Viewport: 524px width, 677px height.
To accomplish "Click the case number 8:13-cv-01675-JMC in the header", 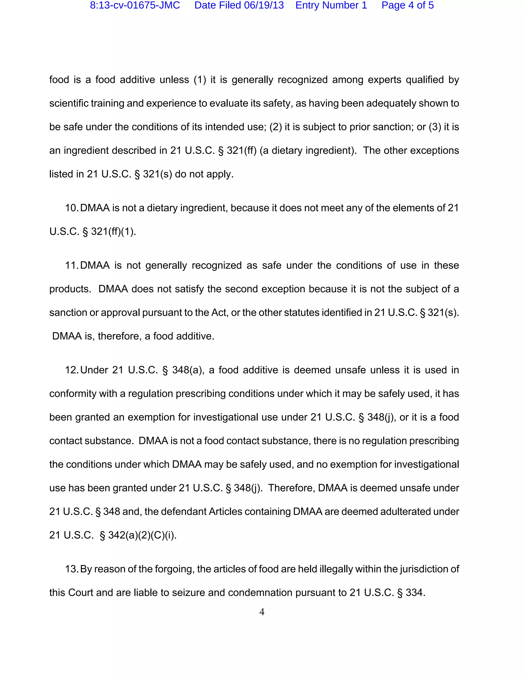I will [x=135, y=6].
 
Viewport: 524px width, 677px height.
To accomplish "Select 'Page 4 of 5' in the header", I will [x=407, y=6].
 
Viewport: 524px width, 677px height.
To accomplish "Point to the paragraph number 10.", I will [x=71, y=208].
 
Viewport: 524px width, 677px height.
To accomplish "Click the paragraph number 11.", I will [x=71, y=266].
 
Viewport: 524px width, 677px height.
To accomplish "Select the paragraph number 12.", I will [x=71, y=370].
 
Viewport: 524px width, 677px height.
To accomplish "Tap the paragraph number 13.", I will [x=71, y=569].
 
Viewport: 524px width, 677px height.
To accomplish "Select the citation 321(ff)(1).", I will [x=113, y=231].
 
